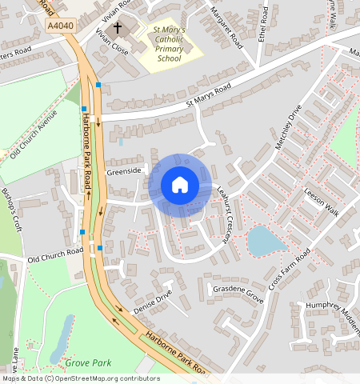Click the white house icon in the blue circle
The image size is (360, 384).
180,186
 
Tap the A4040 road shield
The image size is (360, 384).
61,26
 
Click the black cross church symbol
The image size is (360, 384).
118,28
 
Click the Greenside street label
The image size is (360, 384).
123,170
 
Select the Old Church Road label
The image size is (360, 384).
55,256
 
